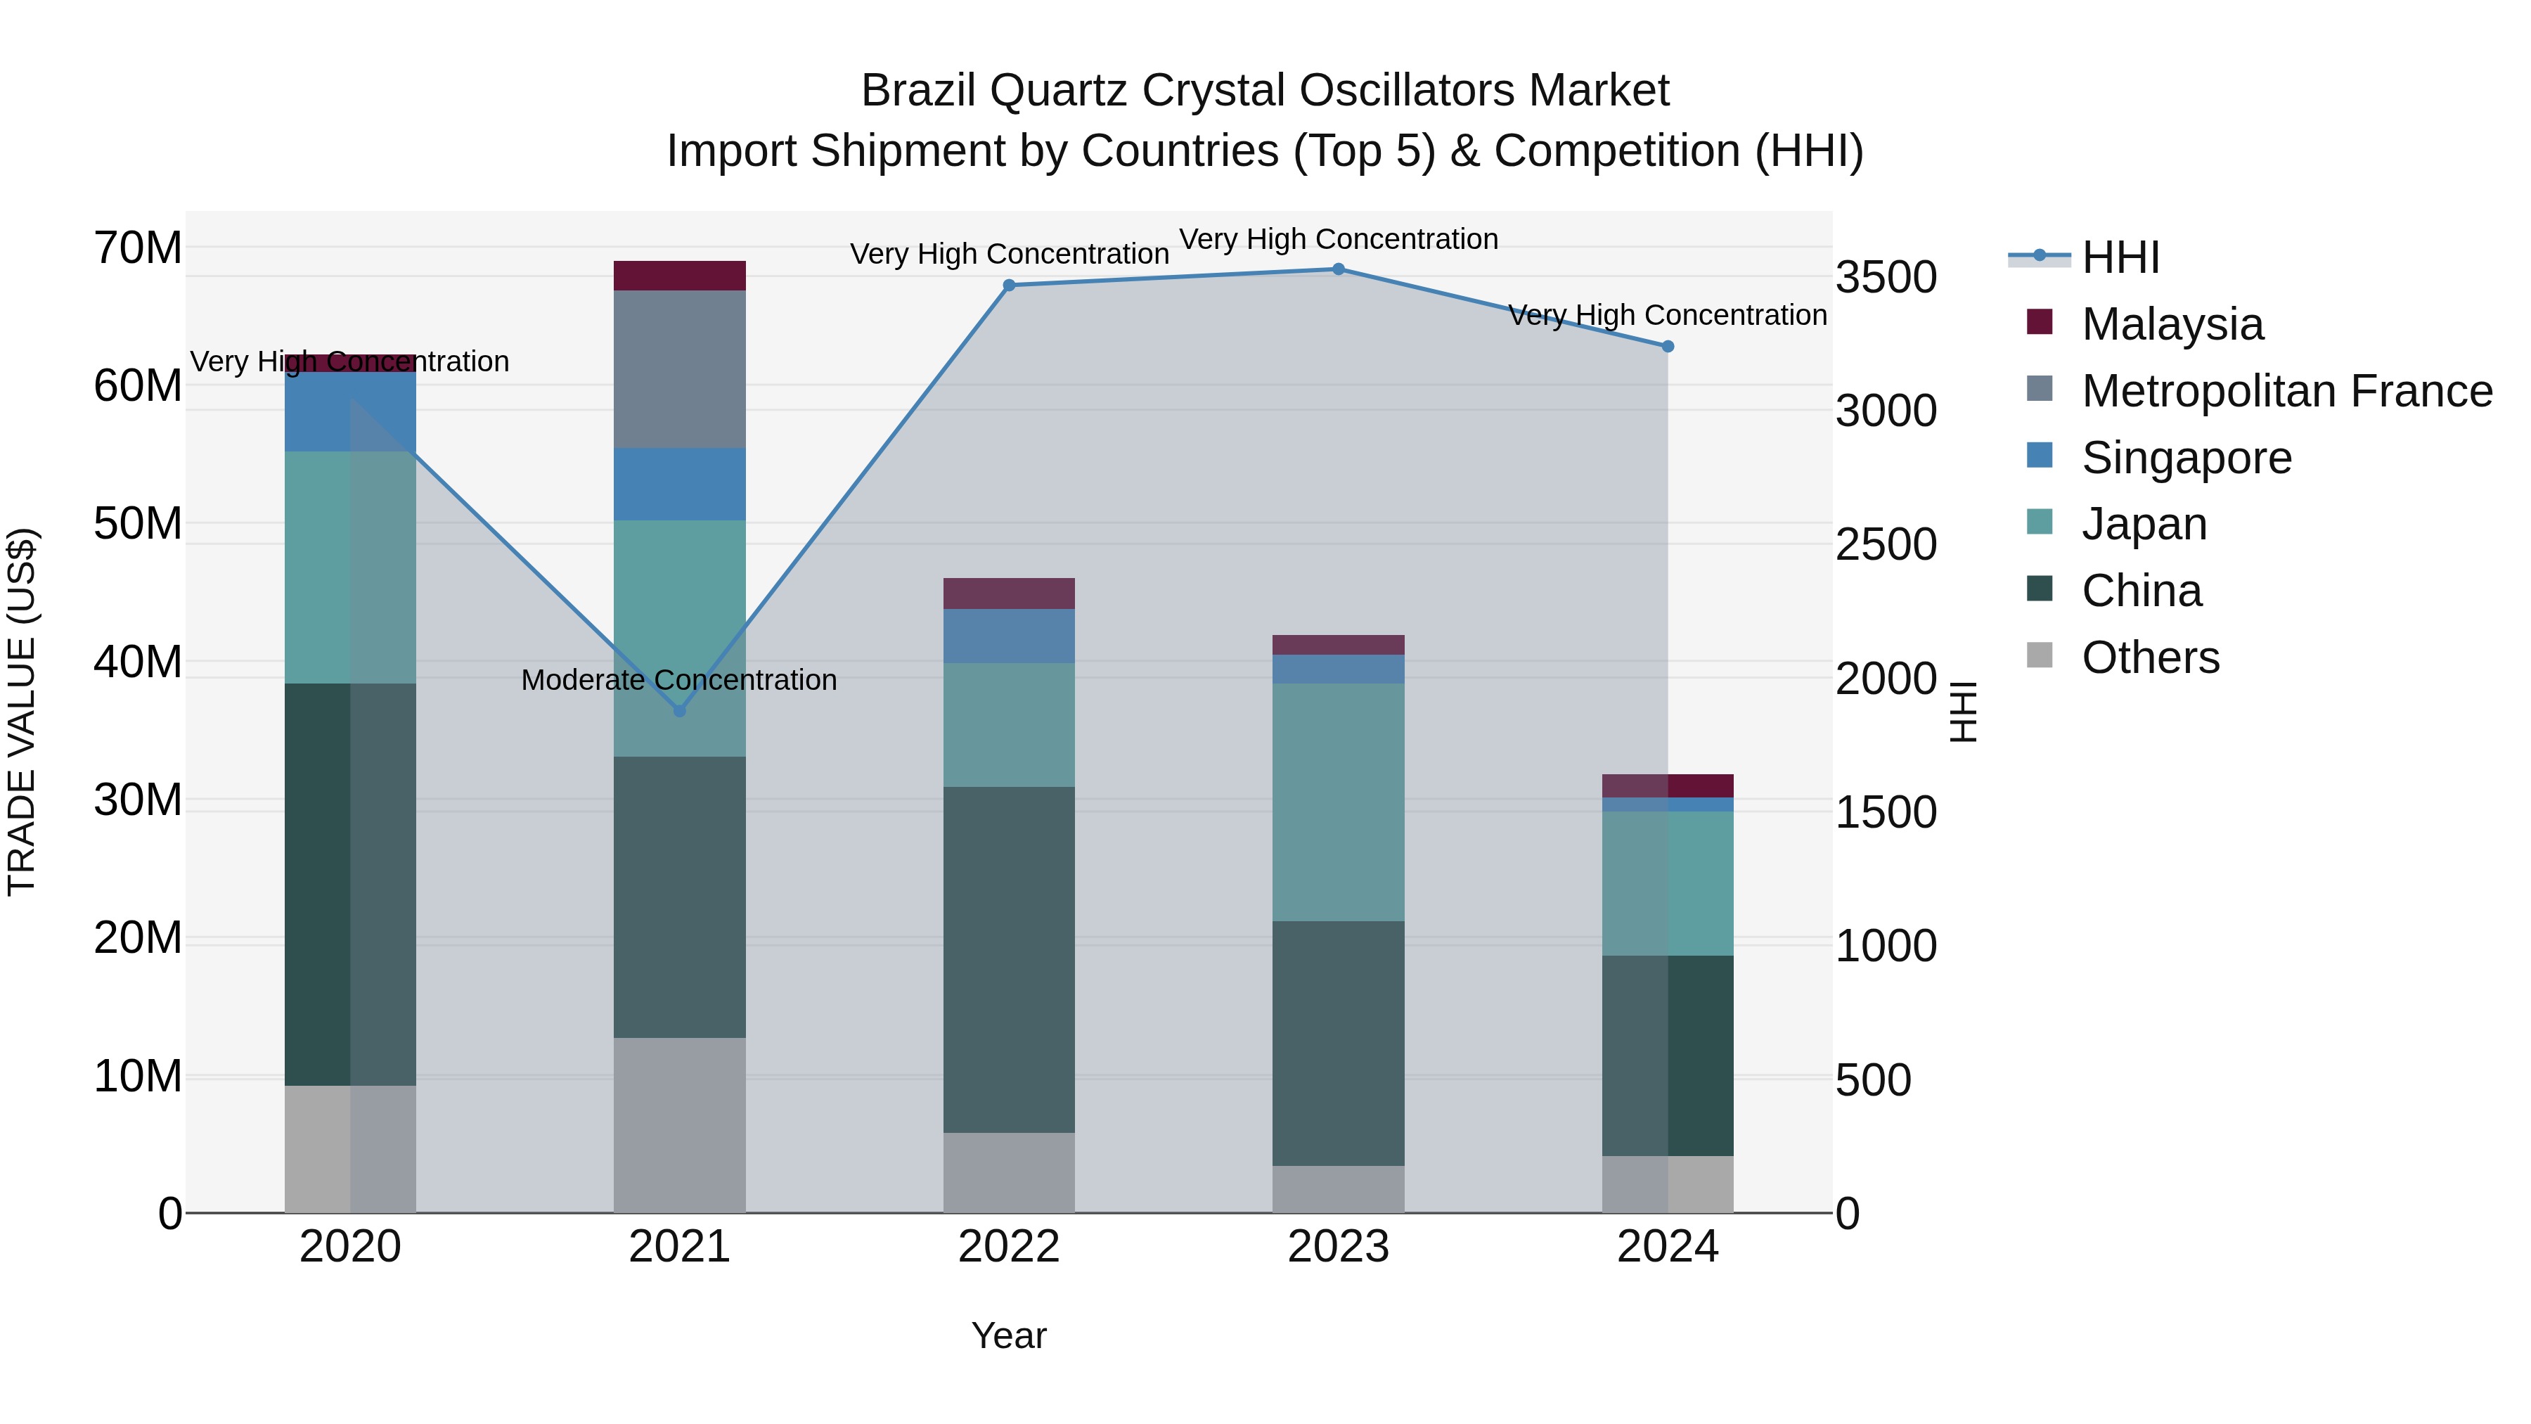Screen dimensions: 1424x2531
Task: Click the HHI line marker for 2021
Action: (679, 710)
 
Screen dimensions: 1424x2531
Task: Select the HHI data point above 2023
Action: (1338, 269)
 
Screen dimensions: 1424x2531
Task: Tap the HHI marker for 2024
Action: (1668, 347)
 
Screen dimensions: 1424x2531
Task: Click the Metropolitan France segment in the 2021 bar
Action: (679, 368)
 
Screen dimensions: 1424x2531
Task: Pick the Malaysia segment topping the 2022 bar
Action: (1009, 594)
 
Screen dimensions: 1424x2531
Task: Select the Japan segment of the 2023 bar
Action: (1338, 802)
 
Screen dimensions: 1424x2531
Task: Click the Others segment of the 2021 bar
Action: (679, 1124)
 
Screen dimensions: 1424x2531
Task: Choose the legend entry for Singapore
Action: (2185, 458)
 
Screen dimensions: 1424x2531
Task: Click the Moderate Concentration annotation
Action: (679, 680)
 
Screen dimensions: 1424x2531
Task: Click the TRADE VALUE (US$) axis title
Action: (22, 712)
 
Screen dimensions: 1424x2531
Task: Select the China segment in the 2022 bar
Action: (1009, 959)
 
